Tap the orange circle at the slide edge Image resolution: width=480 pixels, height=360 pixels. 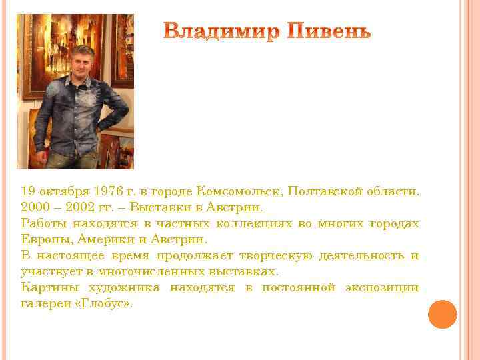tap(442, 314)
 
